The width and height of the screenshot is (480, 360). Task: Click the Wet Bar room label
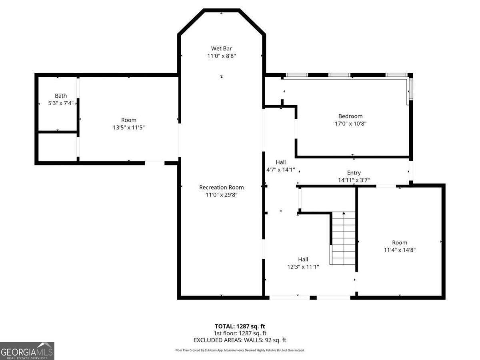(221, 48)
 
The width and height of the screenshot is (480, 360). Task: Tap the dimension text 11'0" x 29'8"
(221, 195)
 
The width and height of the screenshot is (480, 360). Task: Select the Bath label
(61, 96)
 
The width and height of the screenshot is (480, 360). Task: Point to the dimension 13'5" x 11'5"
(128, 128)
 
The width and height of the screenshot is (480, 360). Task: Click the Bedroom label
(350, 116)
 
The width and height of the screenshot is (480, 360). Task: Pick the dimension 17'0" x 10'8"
(350, 124)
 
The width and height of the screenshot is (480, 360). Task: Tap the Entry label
(354, 173)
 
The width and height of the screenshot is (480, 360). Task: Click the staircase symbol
(344, 238)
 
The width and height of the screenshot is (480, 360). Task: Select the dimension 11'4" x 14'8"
(399, 250)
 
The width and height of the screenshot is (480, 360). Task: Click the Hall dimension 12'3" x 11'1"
(303, 267)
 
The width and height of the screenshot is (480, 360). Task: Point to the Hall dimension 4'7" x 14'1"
(280, 170)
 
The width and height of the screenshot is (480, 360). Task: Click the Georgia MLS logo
(27, 351)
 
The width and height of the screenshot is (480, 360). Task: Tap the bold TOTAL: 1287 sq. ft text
(240, 326)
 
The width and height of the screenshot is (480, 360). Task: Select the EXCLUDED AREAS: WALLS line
(240, 340)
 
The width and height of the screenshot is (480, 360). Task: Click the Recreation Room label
(221, 187)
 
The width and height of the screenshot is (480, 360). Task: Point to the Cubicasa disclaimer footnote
(240, 350)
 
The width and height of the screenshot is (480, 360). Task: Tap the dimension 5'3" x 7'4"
(61, 103)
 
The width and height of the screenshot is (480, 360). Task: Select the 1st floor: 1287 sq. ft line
(240, 333)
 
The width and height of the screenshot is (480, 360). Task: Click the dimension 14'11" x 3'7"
(354, 180)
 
